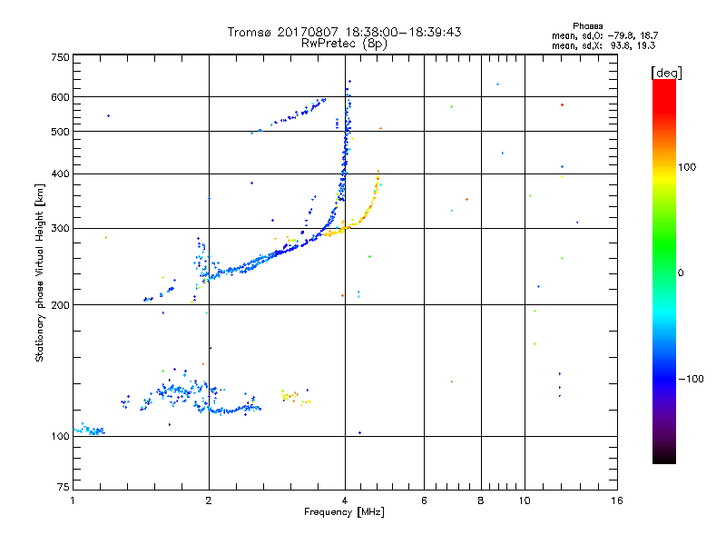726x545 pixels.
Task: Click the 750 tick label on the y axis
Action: click(x=61, y=56)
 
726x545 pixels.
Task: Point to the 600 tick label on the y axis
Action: click(x=61, y=97)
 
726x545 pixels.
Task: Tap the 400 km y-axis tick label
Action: click(x=61, y=173)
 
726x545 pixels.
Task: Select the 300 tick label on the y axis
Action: click(x=61, y=228)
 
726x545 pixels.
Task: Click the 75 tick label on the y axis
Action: click(x=64, y=490)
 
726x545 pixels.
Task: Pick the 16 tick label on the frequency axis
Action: click(x=616, y=500)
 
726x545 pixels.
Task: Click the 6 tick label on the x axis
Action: click(x=424, y=500)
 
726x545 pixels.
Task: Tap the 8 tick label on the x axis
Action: click(x=481, y=500)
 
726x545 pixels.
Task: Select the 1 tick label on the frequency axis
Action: click(x=73, y=500)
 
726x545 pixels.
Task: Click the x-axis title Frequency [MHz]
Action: click(x=344, y=513)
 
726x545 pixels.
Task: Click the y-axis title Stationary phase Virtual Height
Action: click(x=40, y=272)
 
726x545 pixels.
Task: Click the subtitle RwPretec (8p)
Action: click(x=344, y=43)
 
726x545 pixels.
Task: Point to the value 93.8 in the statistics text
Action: click(x=618, y=45)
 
